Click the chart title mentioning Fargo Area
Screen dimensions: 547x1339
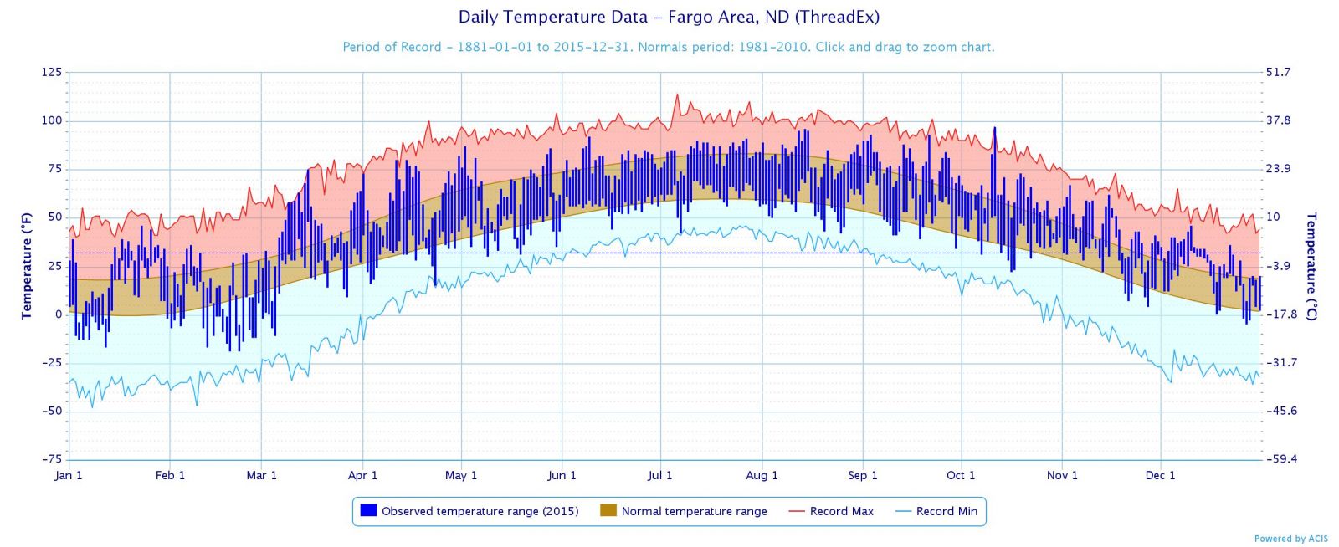[x=669, y=17]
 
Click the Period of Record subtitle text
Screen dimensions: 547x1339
[x=669, y=47]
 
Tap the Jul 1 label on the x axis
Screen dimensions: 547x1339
[x=659, y=475]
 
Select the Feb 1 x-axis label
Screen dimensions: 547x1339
[x=170, y=475]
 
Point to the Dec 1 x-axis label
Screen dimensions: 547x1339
[x=1160, y=475]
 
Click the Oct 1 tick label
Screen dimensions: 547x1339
[x=961, y=475]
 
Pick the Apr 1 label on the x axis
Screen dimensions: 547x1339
[x=362, y=475]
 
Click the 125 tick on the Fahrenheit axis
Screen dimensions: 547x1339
[x=52, y=72]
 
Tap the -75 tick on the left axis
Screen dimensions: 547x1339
[x=52, y=459]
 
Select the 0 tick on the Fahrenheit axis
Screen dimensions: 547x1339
[x=59, y=314]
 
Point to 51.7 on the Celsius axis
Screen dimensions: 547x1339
[x=1278, y=72]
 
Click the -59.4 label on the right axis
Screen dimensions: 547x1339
[x=1280, y=459]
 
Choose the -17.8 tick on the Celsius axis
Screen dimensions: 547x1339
[x=1280, y=314]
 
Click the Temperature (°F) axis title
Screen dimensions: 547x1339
[x=26, y=265]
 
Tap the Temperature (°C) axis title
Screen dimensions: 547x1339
[x=1311, y=266]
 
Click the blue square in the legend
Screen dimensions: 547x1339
[x=368, y=510]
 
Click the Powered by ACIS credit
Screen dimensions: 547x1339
[x=1290, y=539]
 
